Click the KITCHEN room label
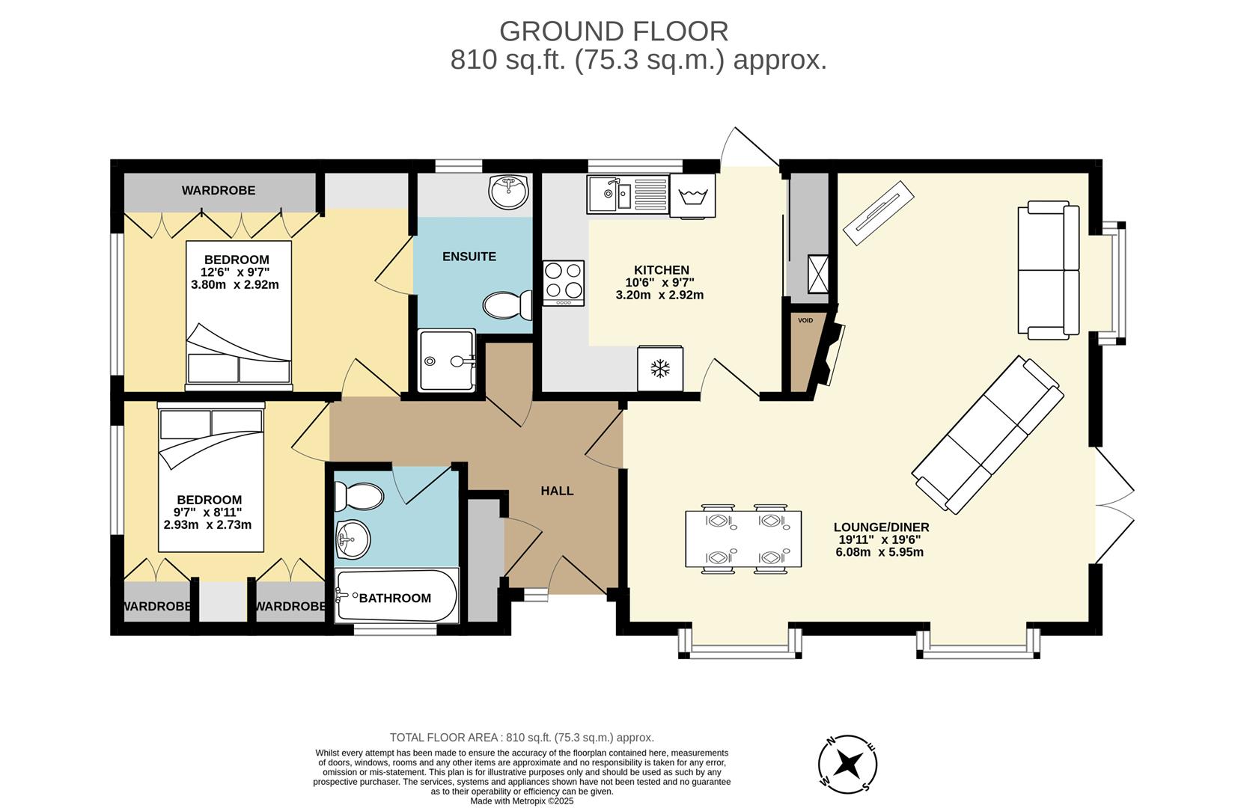pyautogui.click(x=661, y=270)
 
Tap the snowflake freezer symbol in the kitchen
pyautogui.click(x=659, y=368)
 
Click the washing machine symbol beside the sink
pyautogui.click(x=692, y=196)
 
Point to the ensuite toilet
pyautogui.click(x=506, y=305)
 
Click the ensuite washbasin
pyautogui.click(x=508, y=192)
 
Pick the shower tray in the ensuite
pyautogui.click(x=447, y=361)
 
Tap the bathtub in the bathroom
pyautogui.click(x=396, y=597)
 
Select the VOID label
pyautogui.click(x=805, y=320)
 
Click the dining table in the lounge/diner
pyautogui.click(x=743, y=539)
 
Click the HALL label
pyautogui.click(x=557, y=491)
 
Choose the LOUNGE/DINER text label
pyautogui.click(x=881, y=527)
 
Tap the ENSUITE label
pyautogui.click(x=469, y=257)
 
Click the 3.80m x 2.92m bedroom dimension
pyautogui.click(x=235, y=284)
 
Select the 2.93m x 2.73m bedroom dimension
pyautogui.click(x=207, y=524)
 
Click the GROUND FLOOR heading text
pyautogui.click(x=614, y=31)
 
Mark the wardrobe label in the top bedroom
pyautogui.click(x=219, y=191)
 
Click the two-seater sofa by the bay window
pyautogui.click(x=1048, y=269)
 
